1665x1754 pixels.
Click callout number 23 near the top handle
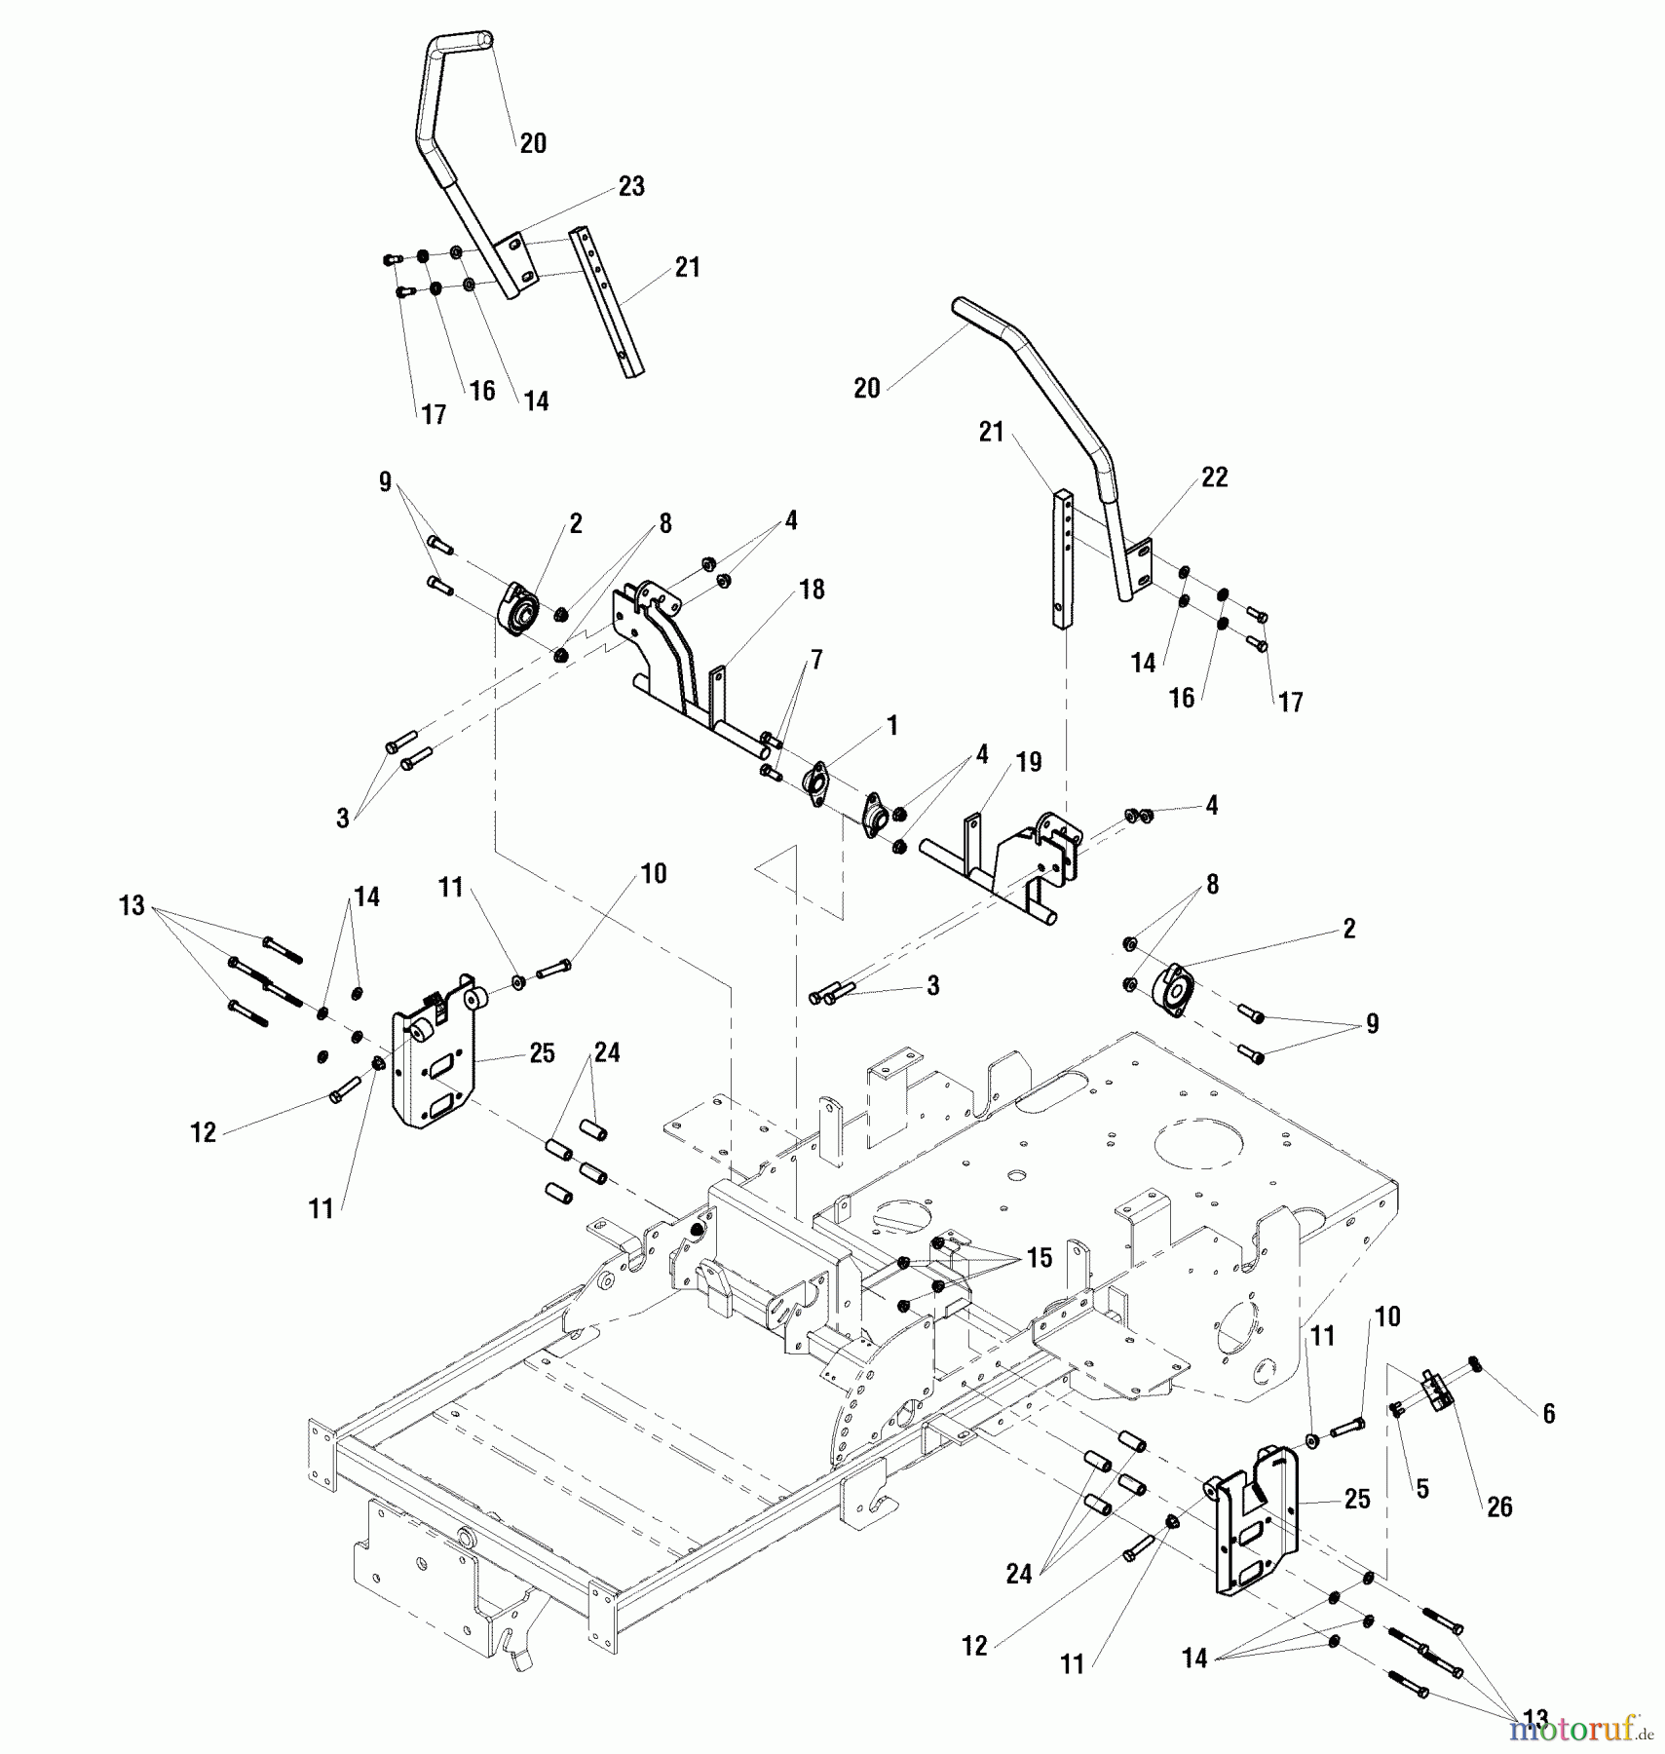tap(631, 186)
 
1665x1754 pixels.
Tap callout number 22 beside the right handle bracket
tap(1214, 477)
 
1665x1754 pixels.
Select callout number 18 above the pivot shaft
tap(811, 590)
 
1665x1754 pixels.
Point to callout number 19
tap(1029, 762)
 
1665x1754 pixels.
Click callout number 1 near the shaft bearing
tap(891, 726)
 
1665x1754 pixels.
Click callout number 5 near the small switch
tap(1422, 1489)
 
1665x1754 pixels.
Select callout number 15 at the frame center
tap(1039, 1258)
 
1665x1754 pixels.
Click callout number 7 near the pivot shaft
tap(816, 661)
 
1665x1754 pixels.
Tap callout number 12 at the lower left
tap(203, 1132)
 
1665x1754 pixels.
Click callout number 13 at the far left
tap(132, 906)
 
